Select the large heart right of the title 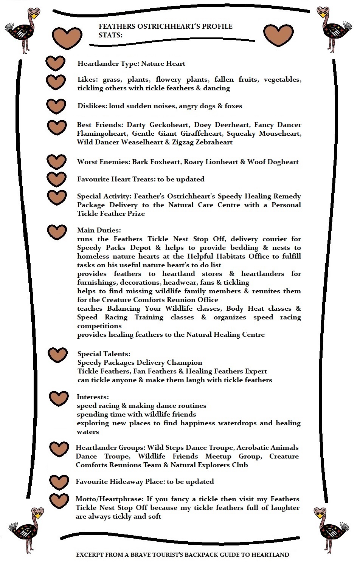[278, 35]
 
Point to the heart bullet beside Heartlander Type [56, 63]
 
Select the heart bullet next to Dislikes [56, 106]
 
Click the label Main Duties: [99, 230]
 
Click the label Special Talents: [104, 354]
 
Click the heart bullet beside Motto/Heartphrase [59, 501]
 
